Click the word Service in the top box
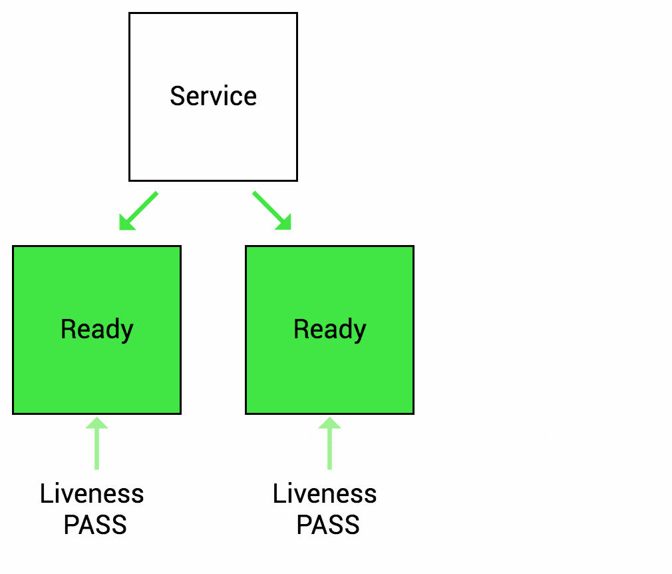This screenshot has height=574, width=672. (213, 96)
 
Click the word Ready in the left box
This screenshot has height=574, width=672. (96, 330)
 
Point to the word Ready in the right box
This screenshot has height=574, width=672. (329, 330)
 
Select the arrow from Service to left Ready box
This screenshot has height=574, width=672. (140, 210)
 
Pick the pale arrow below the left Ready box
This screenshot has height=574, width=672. (97, 446)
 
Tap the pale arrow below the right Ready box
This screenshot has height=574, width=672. (329, 446)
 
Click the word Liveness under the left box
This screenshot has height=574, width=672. (92, 494)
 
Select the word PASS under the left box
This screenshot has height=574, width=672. (95, 525)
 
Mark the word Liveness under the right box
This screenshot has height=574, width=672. (325, 494)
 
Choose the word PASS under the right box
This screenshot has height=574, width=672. (328, 525)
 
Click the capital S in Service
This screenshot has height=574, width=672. (176, 96)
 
